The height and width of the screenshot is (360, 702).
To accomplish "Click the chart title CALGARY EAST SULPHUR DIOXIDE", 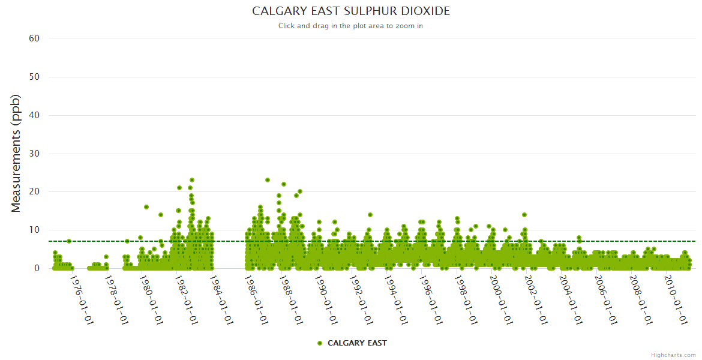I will click(350, 11).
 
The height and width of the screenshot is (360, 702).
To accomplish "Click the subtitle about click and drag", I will click(350, 26).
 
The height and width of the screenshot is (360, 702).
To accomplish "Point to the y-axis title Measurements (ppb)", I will click(16, 153).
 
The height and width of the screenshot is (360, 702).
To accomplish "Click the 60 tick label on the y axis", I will click(34, 38).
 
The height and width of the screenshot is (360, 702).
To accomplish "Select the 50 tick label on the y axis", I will click(34, 77).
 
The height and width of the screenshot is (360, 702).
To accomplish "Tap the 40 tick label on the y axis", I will click(34, 115).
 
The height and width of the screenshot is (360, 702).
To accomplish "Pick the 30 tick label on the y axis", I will click(34, 154).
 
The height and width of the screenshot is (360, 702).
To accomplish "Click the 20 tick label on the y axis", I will click(34, 192).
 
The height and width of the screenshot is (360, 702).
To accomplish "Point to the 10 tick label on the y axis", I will click(34, 230).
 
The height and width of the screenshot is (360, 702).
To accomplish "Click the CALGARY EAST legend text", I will click(357, 343).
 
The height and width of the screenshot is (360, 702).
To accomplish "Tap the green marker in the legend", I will click(320, 343).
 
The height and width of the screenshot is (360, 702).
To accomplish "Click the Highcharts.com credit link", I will click(673, 355).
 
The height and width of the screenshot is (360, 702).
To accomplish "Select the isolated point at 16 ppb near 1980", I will click(146, 207).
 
